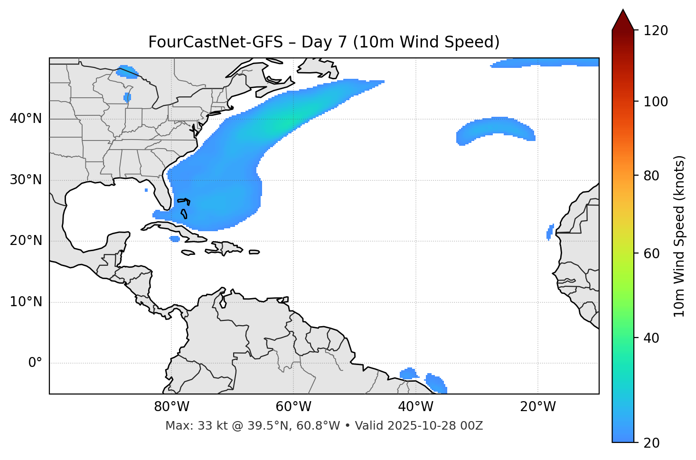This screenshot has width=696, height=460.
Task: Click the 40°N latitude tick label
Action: pyautogui.click(x=26, y=119)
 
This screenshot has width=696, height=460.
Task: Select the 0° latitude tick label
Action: pyautogui.click(x=35, y=363)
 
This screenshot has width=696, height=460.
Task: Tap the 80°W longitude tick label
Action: pyautogui.click(x=171, y=407)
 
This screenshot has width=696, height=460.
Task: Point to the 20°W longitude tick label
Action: pyautogui.click(x=538, y=407)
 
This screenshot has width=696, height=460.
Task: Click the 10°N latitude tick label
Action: pyautogui.click(x=26, y=302)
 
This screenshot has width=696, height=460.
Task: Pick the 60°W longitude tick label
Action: pyautogui.click(x=293, y=407)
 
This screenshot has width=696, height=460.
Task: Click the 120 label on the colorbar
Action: pyautogui.click(x=656, y=31)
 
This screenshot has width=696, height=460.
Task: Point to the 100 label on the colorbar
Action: pyautogui.click(x=656, y=102)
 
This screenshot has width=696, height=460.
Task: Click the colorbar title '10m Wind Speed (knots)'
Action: pyautogui.click(x=679, y=236)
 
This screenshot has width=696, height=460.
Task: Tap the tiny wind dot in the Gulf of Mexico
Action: pyautogui.click(x=146, y=190)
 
